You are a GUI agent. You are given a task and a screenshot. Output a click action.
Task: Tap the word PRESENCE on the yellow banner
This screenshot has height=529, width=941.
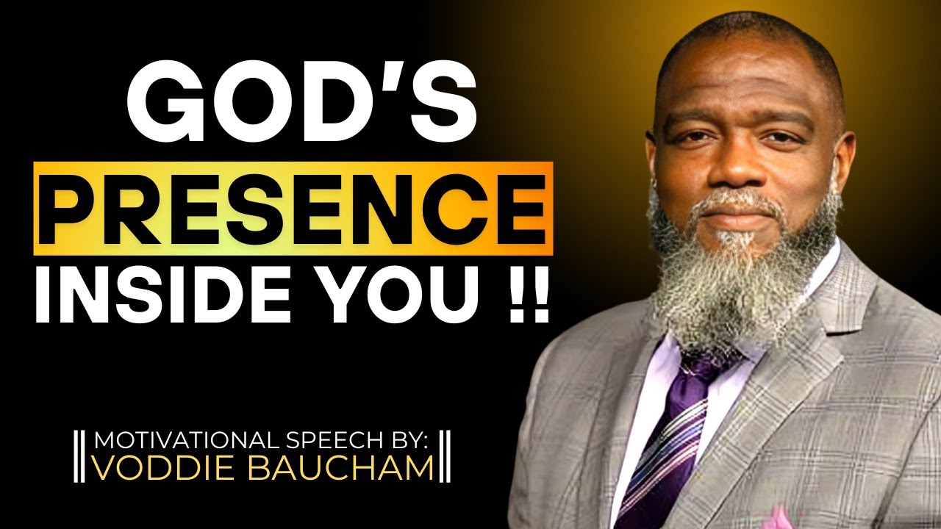pyautogui.click(x=293, y=209)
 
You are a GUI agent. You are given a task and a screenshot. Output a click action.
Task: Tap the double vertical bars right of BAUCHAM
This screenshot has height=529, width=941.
pyautogui.click(x=446, y=456)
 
